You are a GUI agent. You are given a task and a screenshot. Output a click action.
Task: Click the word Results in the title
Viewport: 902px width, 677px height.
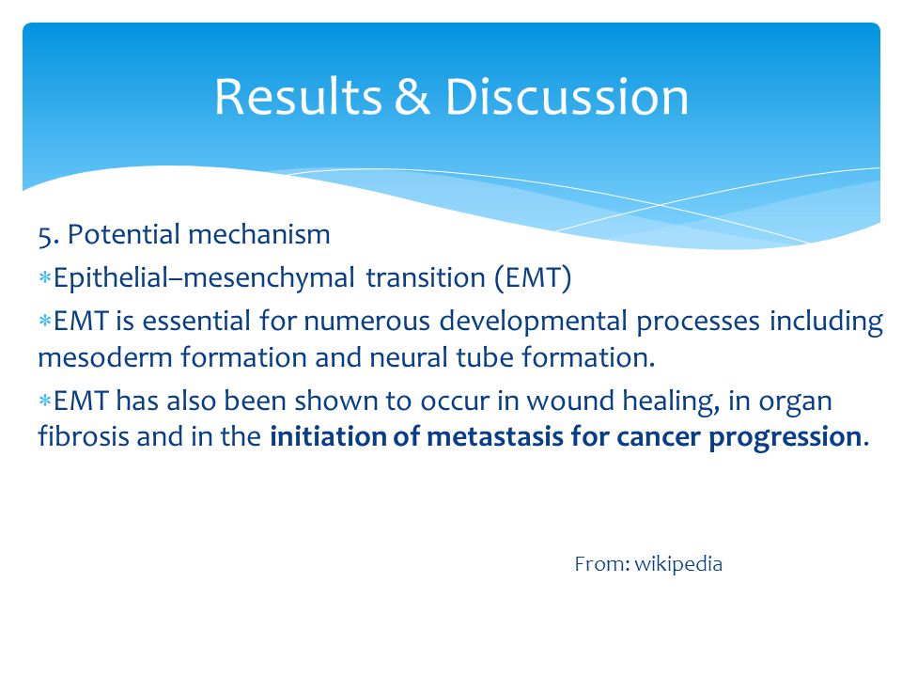(x=298, y=97)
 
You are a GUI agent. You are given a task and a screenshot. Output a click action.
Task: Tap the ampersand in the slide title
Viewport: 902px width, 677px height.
(x=412, y=97)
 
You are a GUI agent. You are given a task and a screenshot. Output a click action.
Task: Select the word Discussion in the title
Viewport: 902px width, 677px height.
(x=567, y=97)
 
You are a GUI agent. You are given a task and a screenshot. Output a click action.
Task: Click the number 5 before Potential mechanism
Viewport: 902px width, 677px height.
(x=45, y=235)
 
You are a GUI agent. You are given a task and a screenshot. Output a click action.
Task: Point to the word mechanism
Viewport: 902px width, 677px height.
(x=259, y=234)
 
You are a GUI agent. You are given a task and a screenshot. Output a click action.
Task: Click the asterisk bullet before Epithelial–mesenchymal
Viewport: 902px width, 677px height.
(x=45, y=278)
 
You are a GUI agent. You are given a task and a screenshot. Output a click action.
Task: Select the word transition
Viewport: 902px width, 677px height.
(x=426, y=277)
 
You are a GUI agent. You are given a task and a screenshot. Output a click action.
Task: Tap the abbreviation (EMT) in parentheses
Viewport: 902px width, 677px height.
(x=533, y=278)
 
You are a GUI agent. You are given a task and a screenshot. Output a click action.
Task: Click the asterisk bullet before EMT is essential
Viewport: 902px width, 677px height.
(x=45, y=321)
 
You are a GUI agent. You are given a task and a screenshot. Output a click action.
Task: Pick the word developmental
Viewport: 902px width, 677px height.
(x=533, y=322)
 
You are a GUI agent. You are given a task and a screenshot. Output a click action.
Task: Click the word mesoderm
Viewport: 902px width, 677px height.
(x=105, y=357)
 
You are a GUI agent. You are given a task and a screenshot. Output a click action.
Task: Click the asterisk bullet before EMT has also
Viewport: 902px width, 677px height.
(x=45, y=401)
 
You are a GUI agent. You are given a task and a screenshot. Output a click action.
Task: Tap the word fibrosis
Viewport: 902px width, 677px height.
(x=84, y=435)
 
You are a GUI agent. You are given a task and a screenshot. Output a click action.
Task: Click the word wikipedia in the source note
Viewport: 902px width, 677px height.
(x=678, y=564)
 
